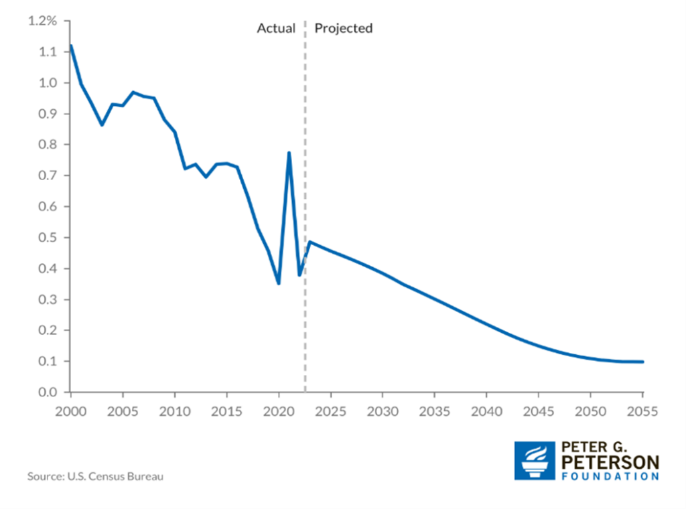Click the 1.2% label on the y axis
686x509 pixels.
tap(44, 21)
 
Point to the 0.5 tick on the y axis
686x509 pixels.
tap(49, 237)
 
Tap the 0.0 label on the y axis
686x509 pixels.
tap(49, 392)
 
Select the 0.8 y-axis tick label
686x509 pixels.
tap(49, 145)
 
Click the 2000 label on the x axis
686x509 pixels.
tap(70, 410)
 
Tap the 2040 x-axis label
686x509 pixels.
tap(486, 410)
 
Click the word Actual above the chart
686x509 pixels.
tap(276, 28)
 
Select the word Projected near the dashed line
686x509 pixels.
tap(344, 28)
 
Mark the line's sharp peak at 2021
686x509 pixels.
tap(289, 153)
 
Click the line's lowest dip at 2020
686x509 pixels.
tap(279, 283)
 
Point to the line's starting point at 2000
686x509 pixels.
tap(70, 46)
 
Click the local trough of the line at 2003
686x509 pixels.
tap(102, 125)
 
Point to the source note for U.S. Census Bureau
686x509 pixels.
tap(95, 477)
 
